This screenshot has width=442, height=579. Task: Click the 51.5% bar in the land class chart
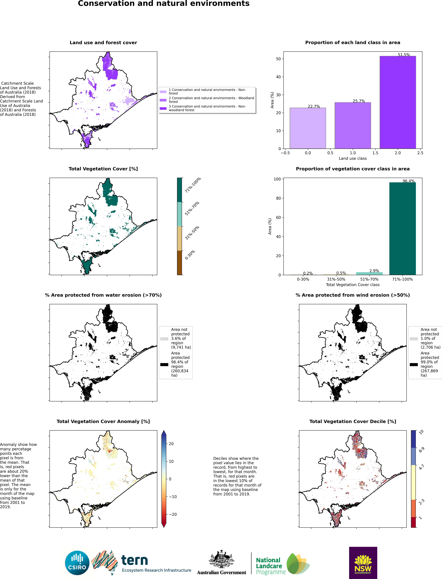[x=398, y=103]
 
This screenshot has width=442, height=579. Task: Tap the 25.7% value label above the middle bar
[x=359, y=101]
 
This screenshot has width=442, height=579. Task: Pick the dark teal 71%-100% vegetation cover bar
[x=402, y=229]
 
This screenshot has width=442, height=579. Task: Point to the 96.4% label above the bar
[x=408, y=181]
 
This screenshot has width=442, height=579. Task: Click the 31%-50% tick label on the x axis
[x=336, y=279]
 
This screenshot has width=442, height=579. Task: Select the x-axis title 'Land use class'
[x=353, y=158]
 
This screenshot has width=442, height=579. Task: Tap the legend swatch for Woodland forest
[x=163, y=100]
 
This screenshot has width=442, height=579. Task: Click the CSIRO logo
[x=77, y=563]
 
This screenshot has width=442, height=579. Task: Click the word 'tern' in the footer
[x=134, y=560]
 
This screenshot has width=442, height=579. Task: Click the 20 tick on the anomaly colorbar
[x=171, y=444]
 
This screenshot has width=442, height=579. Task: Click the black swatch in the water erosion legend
[x=164, y=364]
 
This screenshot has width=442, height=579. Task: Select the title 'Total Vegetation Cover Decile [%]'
[x=353, y=421]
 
